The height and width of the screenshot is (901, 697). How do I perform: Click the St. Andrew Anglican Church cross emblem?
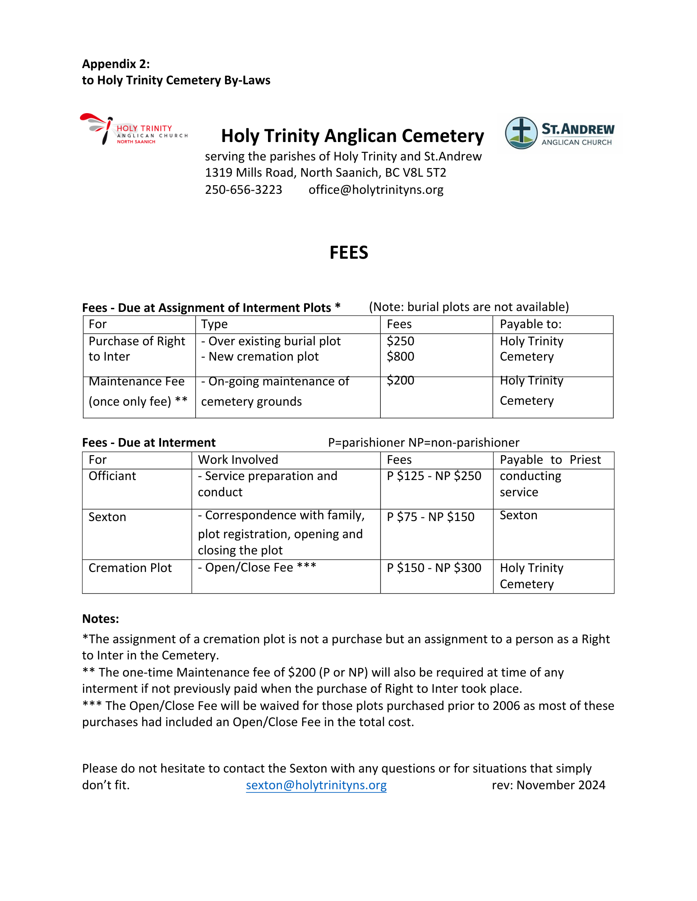click(521, 133)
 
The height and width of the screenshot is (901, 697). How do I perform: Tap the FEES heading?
click(349, 253)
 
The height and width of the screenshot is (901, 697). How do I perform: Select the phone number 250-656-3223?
click(244, 190)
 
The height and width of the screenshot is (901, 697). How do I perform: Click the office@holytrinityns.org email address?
click(376, 190)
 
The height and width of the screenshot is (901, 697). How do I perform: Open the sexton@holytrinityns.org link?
click(316, 785)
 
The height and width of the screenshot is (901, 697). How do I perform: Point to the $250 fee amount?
click(401, 341)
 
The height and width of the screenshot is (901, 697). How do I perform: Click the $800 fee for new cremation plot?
click(401, 357)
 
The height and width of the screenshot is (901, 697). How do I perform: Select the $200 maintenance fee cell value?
click(401, 380)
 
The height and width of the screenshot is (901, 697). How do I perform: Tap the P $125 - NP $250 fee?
click(434, 476)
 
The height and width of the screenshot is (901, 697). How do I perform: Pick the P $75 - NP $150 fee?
click(430, 517)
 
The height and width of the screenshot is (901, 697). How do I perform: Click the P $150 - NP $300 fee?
click(434, 568)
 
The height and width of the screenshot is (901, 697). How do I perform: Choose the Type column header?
click(214, 325)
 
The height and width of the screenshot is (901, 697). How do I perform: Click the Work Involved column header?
click(238, 460)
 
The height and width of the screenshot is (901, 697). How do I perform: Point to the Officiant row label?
click(112, 476)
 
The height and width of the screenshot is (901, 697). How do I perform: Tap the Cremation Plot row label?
click(130, 568)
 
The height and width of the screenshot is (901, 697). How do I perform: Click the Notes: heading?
click(101, 619)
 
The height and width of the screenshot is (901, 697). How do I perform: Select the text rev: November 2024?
click(548, 785)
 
